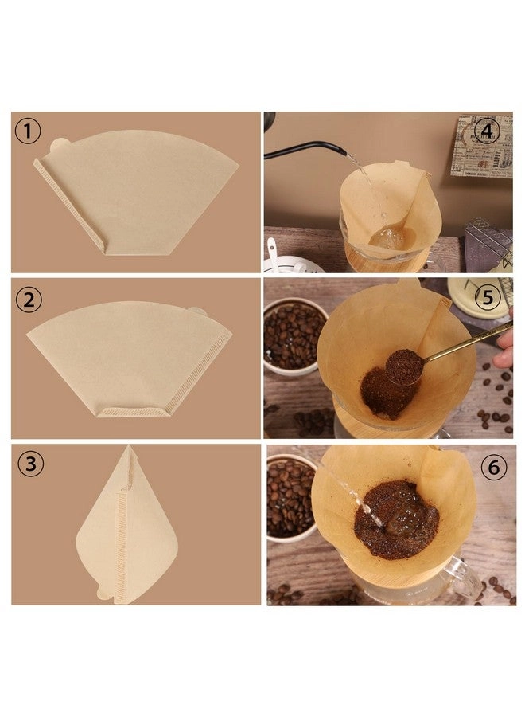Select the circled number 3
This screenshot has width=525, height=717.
(31, 464)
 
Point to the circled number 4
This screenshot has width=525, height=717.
(487, 128)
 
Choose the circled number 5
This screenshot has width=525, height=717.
(488, 298)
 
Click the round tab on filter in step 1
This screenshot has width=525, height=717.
(59, 147)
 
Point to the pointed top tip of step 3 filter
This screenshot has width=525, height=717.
(129, 449)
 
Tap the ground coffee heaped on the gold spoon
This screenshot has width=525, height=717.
(402, 365)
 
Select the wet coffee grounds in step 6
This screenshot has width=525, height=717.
(395, 521)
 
